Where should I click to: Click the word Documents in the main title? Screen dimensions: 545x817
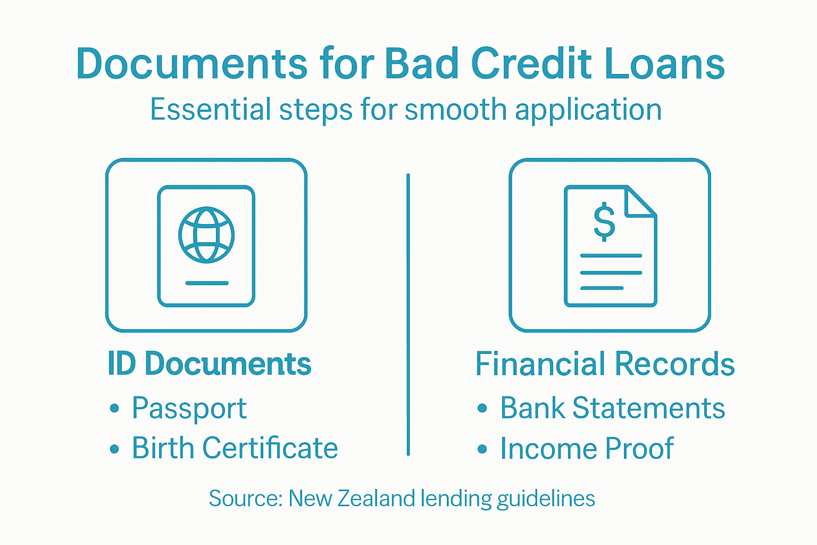point(191,64)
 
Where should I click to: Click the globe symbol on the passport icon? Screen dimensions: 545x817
point(206,235)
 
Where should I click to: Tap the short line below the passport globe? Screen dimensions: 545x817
point(206,283)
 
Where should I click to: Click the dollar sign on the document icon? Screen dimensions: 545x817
point(604,222)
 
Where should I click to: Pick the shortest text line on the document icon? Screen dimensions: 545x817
point(602,288)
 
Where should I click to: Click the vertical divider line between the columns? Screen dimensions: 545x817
point(408,314)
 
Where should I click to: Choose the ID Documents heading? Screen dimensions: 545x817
point(209,364)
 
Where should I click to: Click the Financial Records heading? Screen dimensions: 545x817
point(605,364)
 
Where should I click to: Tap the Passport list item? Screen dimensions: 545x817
point(189,409)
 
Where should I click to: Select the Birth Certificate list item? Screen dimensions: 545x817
point(235,448)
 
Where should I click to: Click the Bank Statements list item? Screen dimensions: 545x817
point(612,409)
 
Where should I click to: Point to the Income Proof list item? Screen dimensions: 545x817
point(587,448)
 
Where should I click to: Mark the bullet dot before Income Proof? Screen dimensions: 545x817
point(482,449)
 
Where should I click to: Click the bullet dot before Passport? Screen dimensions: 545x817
point(114,409)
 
